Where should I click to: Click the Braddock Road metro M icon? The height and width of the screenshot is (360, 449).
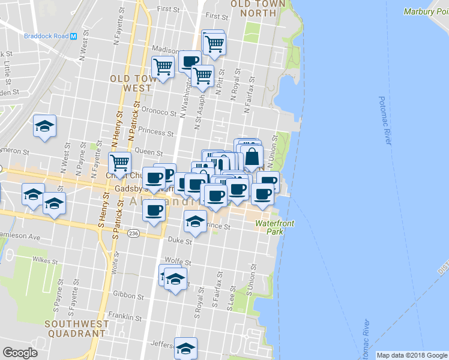tap(73, 35)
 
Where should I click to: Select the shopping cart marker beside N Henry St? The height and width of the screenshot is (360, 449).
tap(119, 162)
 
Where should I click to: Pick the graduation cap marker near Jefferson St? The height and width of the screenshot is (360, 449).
tap(185, 347)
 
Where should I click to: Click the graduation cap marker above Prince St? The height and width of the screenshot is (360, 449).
tap(194, 221)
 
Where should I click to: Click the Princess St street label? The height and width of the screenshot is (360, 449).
tap(155, 130)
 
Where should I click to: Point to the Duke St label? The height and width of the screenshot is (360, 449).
tap(179, 241)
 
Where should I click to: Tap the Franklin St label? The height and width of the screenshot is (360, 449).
tap(124, 315)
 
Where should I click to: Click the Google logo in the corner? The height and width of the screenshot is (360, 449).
tap(20, 353)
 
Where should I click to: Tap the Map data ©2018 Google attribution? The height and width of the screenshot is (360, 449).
tap(412, 355)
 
